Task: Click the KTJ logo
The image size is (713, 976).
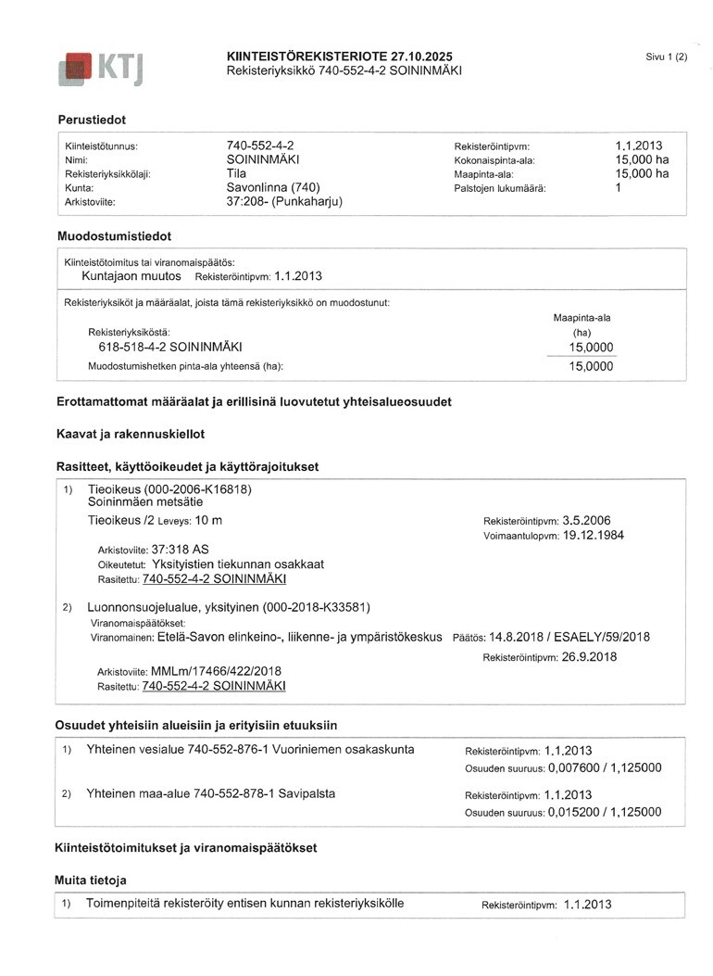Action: pos(102,68)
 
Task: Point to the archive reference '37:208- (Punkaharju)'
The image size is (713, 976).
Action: pos(284,201)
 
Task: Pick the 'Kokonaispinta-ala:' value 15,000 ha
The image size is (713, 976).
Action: pos(642,159)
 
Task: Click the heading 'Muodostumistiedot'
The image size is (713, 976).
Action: pos(114,237)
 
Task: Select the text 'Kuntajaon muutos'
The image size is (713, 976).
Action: pos(135,276)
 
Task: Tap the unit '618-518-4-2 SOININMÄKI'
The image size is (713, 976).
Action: pos(170,347)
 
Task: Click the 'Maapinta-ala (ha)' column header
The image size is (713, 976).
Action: pos(582,324)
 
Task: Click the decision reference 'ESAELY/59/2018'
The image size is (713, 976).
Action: pos(603,637)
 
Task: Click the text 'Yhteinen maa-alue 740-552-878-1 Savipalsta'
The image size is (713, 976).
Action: pos(211,794)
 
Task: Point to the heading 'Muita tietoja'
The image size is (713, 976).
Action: pos(91,879)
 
